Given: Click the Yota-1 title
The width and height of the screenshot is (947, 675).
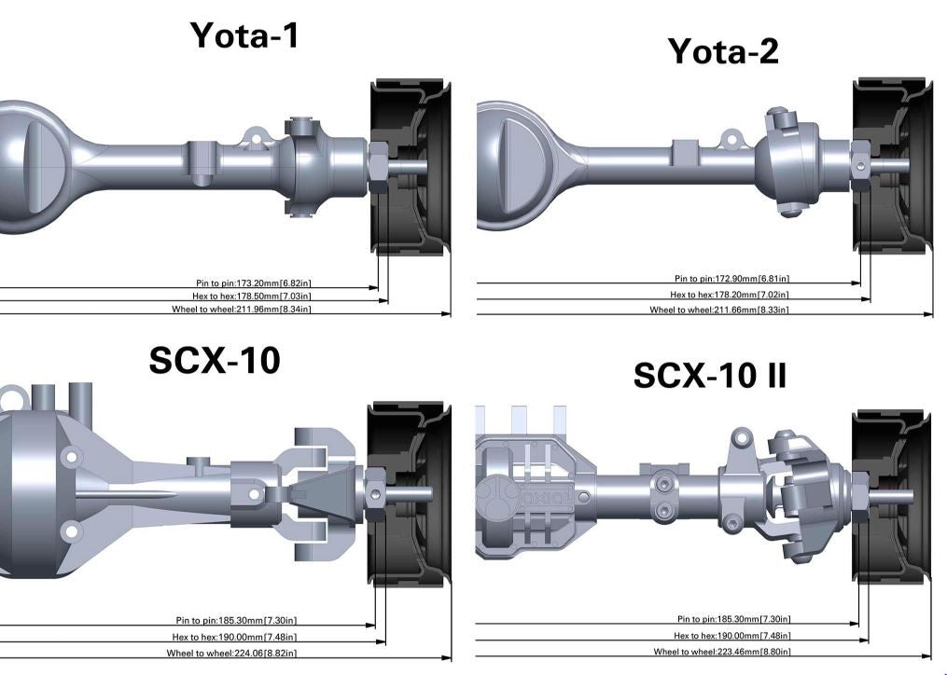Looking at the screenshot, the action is pos(244,35).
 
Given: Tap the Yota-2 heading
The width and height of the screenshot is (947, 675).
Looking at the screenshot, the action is pos(723,51).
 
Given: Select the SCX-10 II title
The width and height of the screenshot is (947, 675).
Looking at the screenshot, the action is pos(710,376).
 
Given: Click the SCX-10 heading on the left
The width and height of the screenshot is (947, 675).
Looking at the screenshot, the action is pos(215,361).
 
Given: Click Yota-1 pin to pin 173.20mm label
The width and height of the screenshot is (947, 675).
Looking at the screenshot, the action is pos(254,283).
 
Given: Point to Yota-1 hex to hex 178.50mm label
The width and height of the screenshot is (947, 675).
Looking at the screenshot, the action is pos(252,296).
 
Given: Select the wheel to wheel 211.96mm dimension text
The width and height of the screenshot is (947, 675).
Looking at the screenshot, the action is pos(242,310).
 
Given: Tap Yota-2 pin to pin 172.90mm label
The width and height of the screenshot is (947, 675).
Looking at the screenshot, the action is pos(732,279).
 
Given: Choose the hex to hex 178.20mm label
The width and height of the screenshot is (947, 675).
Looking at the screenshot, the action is pos(730,295).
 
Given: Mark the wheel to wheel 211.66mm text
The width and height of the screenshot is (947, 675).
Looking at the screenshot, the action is pos(719,310).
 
